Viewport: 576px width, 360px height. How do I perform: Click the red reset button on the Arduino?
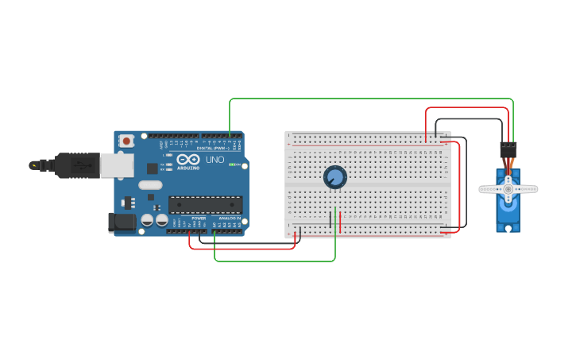coord(126,141)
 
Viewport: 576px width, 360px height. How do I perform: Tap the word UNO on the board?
coord(215,160)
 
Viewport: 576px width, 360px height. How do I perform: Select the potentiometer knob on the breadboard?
coord(335,176)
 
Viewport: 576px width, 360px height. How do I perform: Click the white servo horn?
coord(508,189)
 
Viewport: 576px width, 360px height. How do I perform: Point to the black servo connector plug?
coord(508,149)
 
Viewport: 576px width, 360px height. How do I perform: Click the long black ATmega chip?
coord(205,204)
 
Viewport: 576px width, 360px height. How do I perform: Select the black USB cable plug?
coord(79,165)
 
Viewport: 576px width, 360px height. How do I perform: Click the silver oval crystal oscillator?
coord(149,185)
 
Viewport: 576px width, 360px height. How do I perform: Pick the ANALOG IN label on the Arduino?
coord(230,218)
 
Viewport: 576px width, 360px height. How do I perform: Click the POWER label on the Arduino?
coord(198,218)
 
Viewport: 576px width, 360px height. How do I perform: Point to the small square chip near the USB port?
coord(152,168)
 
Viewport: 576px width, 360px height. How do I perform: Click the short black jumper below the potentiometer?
coord(331,219)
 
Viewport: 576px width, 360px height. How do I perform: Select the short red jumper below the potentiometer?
coord(340,223)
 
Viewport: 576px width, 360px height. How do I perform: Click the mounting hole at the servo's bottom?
coord(508,229)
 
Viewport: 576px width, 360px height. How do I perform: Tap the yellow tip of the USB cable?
coord(33,165)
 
